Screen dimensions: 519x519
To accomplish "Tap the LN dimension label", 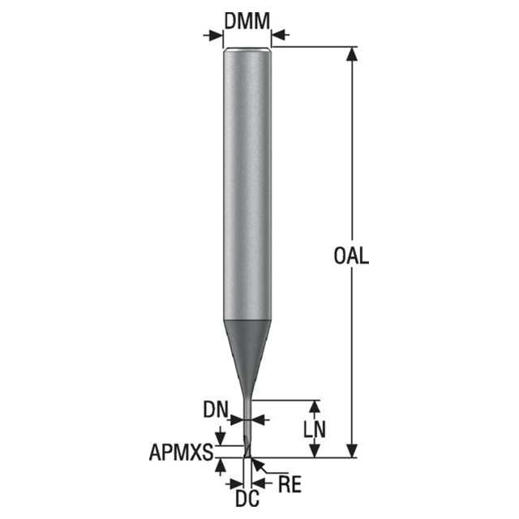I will (x=315, y=428).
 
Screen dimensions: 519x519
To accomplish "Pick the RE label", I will (x=290, y=484).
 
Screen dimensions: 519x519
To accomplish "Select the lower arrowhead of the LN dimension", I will (x=315, y=451).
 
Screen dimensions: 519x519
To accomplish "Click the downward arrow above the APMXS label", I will (x=219, y=438).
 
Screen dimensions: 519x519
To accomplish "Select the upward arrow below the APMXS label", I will (x=219, y=466).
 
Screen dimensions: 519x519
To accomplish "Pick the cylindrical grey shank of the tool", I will (x=247, y=178).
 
